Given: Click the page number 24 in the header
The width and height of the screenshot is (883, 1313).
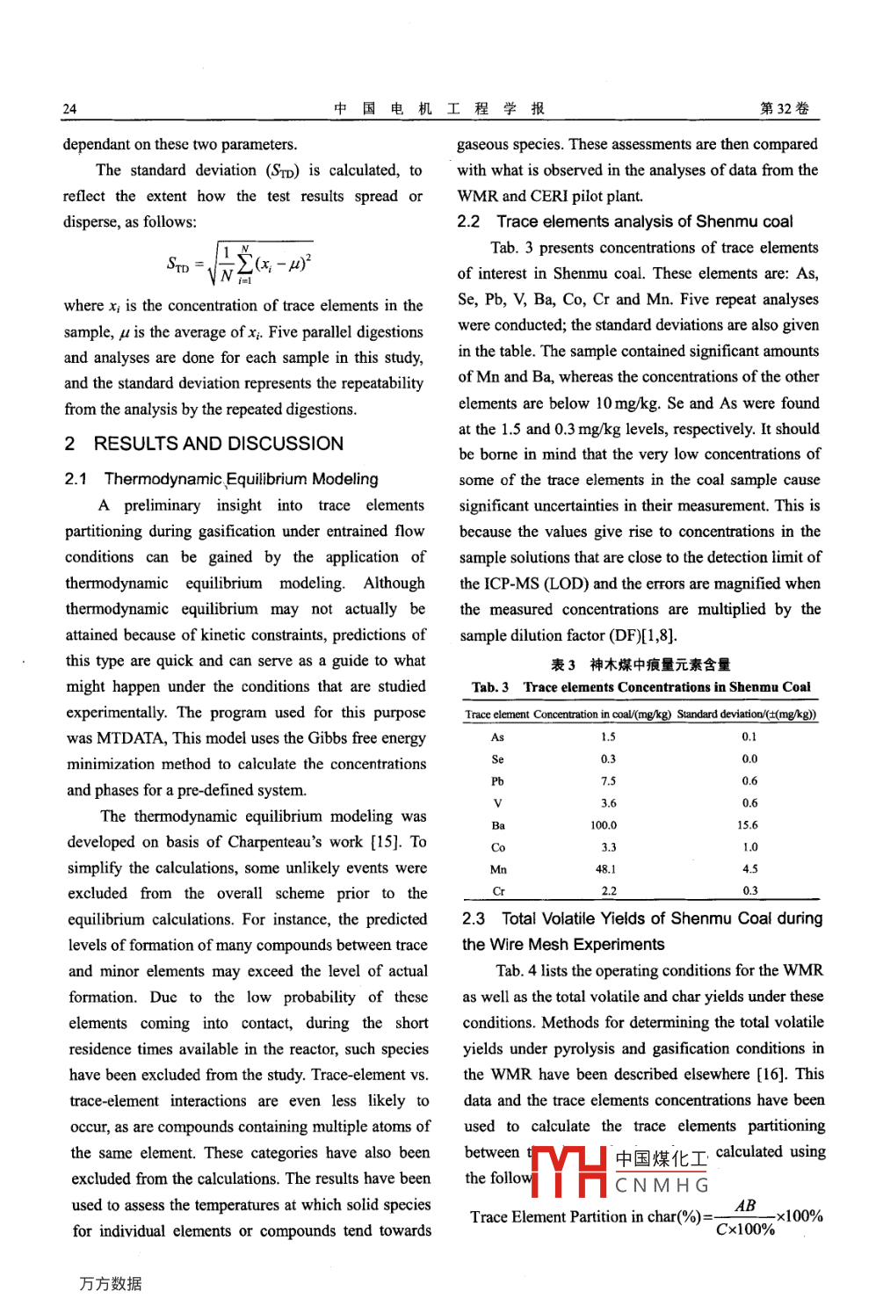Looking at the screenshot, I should click(69, 109).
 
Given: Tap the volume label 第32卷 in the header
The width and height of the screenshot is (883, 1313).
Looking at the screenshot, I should click(785, 108).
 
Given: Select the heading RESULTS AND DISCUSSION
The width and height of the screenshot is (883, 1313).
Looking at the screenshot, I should click(218, 444).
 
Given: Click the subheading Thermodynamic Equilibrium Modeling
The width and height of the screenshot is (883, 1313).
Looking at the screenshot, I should click(241, 479).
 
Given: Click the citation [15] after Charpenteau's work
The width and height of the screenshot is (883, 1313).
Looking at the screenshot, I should click(385, 841).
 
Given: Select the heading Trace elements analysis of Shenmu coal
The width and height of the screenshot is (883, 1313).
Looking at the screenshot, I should click(644, 221).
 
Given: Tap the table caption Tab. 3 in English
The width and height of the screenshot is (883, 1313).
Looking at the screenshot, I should click(641, 687).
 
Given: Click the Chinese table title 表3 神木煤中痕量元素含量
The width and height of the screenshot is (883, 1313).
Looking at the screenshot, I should click(641, 664).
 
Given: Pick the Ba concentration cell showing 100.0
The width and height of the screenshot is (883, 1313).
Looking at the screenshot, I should click(604, 825).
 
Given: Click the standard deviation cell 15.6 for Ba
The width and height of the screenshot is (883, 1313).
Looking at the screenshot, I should click(748, 825).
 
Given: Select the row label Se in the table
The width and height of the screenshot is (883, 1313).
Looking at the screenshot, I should click(497, 759).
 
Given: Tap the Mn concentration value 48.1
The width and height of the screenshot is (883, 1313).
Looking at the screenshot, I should click(605, 869).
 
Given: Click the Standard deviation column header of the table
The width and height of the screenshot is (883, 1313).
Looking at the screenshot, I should click(746, 715).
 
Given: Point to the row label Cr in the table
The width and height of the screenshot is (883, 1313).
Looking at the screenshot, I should click(498, 891).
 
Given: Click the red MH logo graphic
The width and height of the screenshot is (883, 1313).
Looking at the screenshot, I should click(570, 1172).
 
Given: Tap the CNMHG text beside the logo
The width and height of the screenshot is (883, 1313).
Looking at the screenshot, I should click(662, 1186).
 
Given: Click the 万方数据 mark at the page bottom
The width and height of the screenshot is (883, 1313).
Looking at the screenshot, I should click(111, 1284).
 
